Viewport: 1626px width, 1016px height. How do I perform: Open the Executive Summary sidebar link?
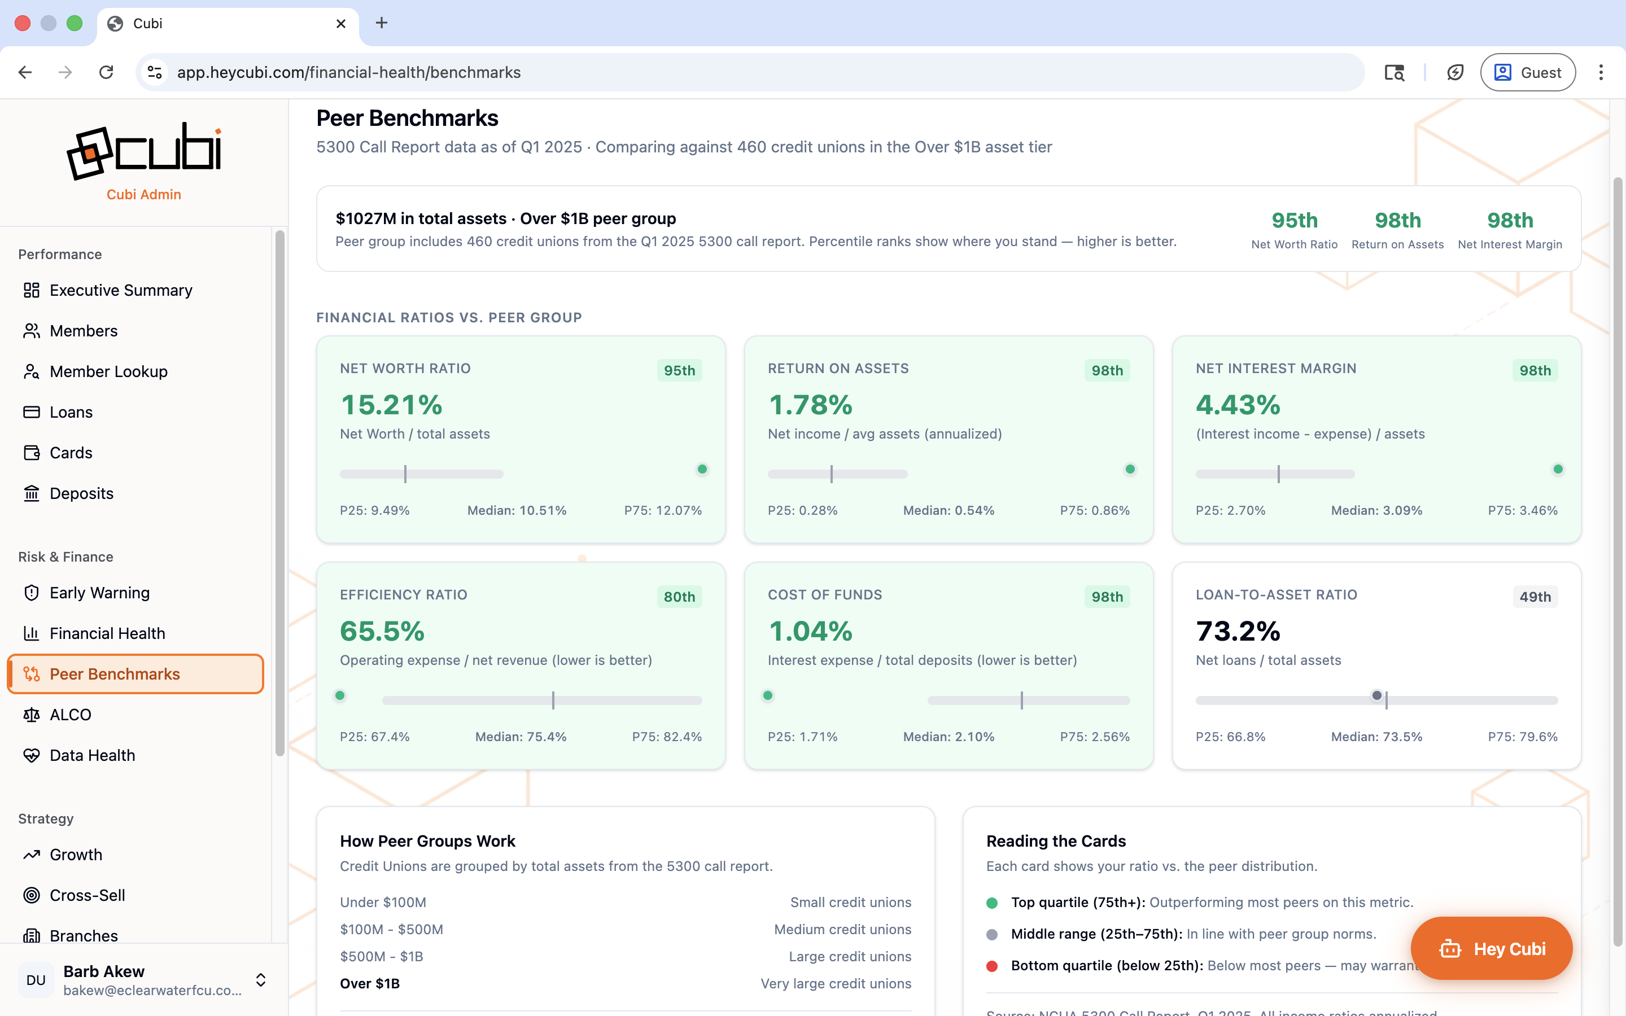(x=120, y=290)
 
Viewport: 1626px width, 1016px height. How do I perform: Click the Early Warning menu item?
(x=99, y=593)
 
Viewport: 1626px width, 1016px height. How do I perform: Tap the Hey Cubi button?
(x=1491, y=948)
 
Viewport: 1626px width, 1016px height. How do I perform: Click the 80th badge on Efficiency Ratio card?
(x=679, y=597)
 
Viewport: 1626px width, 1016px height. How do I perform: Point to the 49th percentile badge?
(x=1535, y=597)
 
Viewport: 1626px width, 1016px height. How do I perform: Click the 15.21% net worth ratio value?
(x=391, y=405)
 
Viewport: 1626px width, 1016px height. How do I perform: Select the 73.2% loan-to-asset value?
(x=1238, y=631)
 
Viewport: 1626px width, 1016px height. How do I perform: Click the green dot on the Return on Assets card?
(x=1130, y=469)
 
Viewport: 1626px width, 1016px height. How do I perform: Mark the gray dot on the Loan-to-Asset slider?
(x=1376, y=695)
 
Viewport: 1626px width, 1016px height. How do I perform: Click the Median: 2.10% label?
(x=948, y=737)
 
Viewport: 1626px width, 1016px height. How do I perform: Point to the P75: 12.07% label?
(x=662, y=510)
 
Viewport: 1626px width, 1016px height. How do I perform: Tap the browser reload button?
(x=106, y=72)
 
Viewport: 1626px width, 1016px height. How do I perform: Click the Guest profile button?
(x=1527, y=72)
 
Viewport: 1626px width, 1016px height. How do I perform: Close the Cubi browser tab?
(x=340, y=24)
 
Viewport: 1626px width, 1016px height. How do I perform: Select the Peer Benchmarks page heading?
(x=407, y=119)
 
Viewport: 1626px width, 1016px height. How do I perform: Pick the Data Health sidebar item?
(x=92, y=755)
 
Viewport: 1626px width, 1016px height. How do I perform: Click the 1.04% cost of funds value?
(x=810, y=631)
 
